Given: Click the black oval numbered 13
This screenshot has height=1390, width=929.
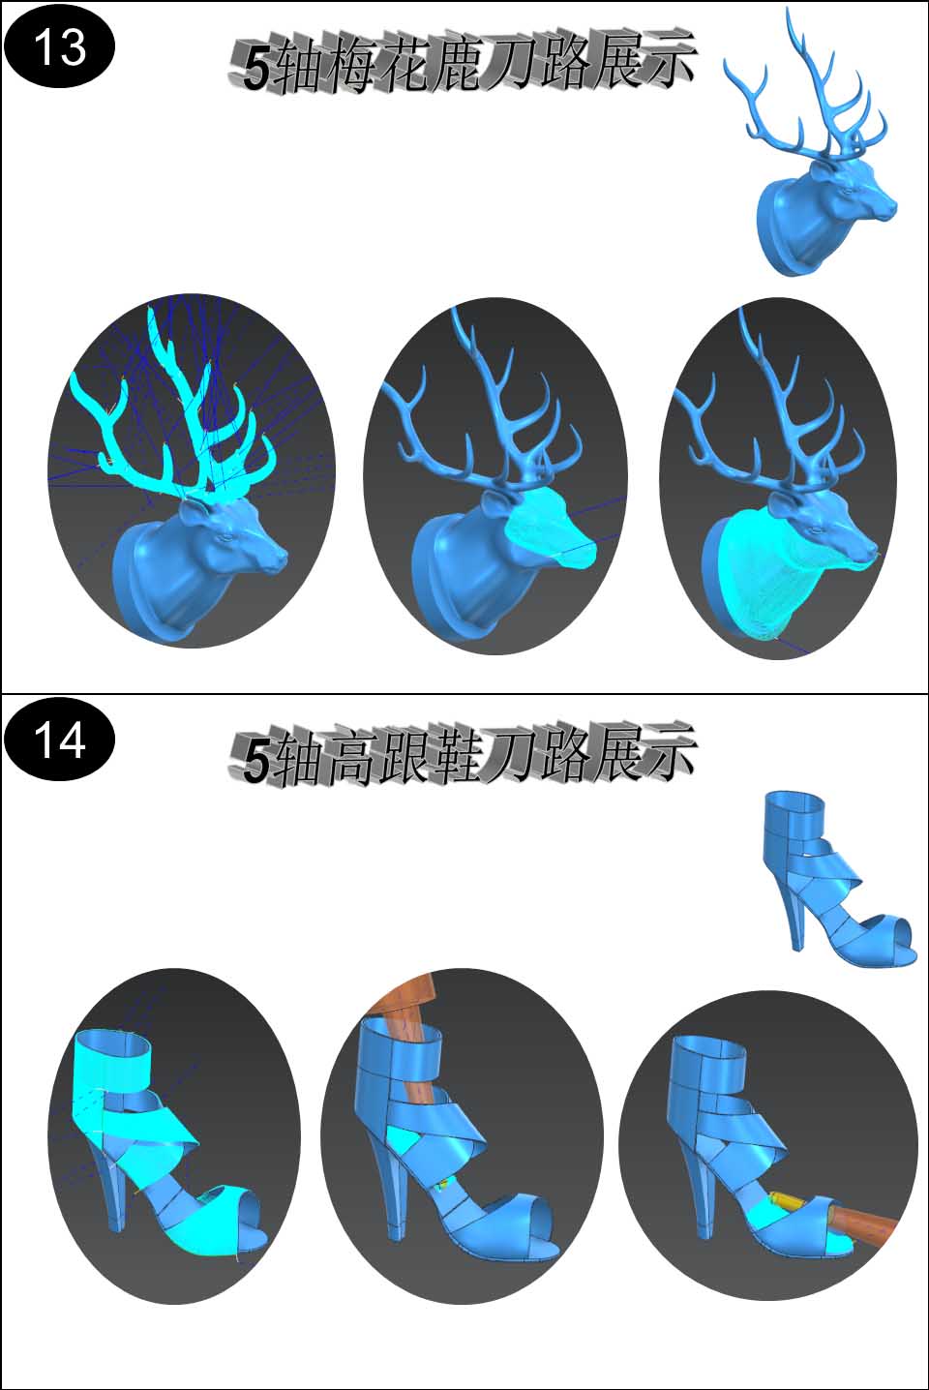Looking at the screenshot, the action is [60, 47].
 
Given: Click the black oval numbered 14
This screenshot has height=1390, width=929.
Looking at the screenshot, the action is [60, 740].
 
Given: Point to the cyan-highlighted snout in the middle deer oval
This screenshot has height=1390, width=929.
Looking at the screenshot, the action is [550, 528].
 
